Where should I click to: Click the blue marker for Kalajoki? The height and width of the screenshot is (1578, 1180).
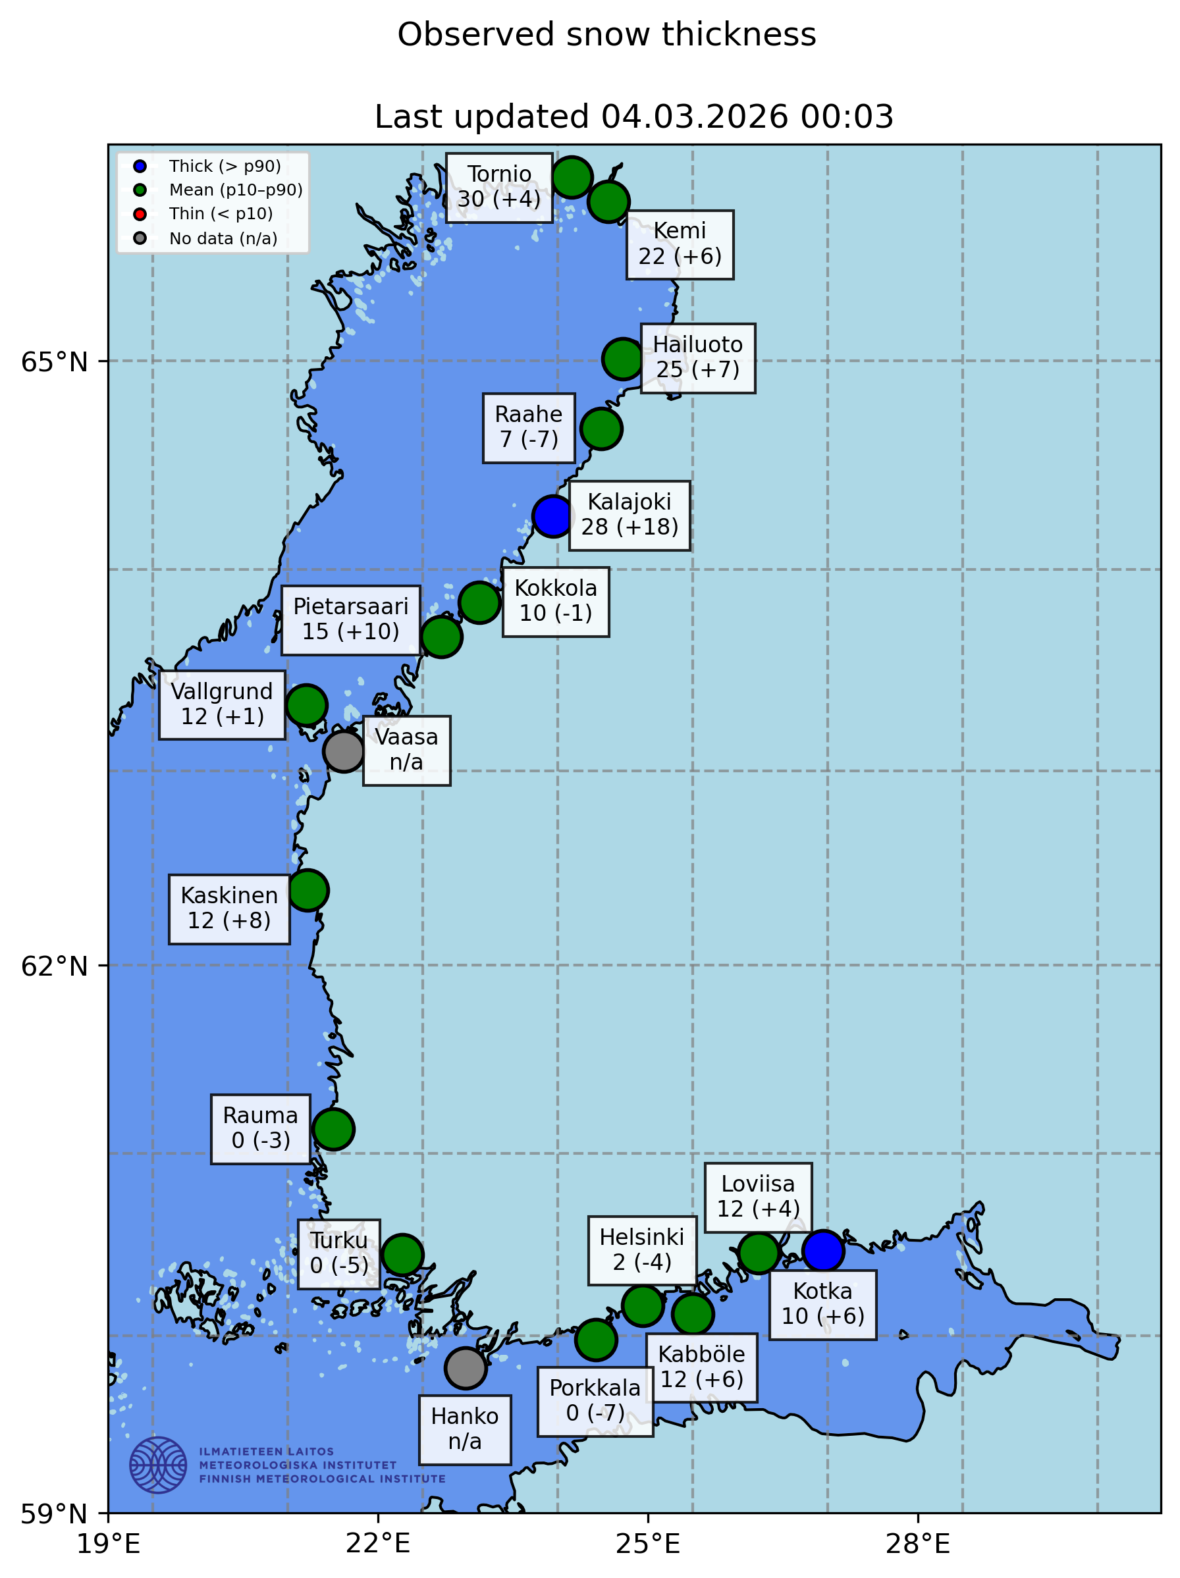point(552,515)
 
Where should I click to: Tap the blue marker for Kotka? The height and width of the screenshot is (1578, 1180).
point(822,1251)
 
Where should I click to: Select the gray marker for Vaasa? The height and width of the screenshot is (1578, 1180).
point(343,750)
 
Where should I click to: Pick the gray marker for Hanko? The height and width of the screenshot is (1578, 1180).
point(465,1368)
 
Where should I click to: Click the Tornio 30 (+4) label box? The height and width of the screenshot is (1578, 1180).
point(498,187)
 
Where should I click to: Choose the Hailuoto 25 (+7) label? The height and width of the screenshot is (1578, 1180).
point(697,357)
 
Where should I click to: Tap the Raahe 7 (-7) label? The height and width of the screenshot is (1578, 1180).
point(528,427)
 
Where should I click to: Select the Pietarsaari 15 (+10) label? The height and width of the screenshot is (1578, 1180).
point(350,619)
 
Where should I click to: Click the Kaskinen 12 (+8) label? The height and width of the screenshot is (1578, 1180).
point(229,908)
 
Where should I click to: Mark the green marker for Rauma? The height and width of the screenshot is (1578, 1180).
point(333,1129)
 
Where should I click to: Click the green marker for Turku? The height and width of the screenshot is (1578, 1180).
point(402,1254)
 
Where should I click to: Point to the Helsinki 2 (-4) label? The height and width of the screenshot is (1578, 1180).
point(641,1250)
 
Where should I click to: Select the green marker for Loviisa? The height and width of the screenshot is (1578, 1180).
point(758,1252)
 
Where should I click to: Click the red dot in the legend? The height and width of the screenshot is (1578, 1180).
point(140,214)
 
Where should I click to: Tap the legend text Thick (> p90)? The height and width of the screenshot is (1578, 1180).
point(225,166)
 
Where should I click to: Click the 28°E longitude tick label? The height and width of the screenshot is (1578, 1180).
point(917,1545)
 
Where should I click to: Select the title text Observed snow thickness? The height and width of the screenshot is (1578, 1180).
point(606,34)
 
